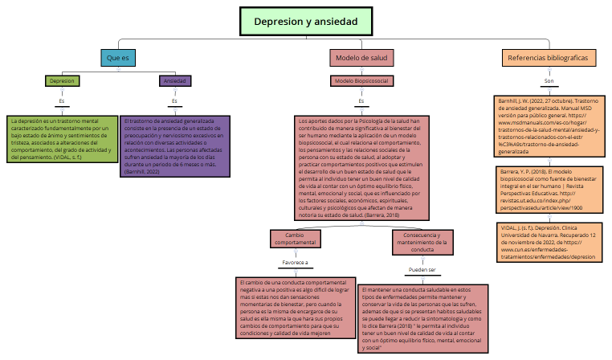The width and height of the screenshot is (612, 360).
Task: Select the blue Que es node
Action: point(118,58)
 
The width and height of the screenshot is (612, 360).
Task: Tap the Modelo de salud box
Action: point(361,59)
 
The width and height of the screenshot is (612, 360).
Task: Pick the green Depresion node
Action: point(62,81)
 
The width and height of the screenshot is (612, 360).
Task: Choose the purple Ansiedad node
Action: point(174,81)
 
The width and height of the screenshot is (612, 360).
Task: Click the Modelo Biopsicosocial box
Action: point(361,81)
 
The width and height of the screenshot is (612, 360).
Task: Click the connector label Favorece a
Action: point(295,263)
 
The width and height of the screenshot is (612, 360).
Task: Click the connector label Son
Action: point(549,81)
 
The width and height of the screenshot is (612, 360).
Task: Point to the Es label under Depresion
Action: point(62,101)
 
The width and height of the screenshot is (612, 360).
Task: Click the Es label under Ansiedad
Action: point(174,101)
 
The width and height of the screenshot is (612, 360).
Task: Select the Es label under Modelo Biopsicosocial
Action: point(361,101)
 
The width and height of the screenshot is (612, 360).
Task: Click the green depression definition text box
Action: point(62,138)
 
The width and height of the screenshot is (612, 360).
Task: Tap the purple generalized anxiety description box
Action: point(174,145)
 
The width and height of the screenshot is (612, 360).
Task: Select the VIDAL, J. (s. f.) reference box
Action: point(549,243)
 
